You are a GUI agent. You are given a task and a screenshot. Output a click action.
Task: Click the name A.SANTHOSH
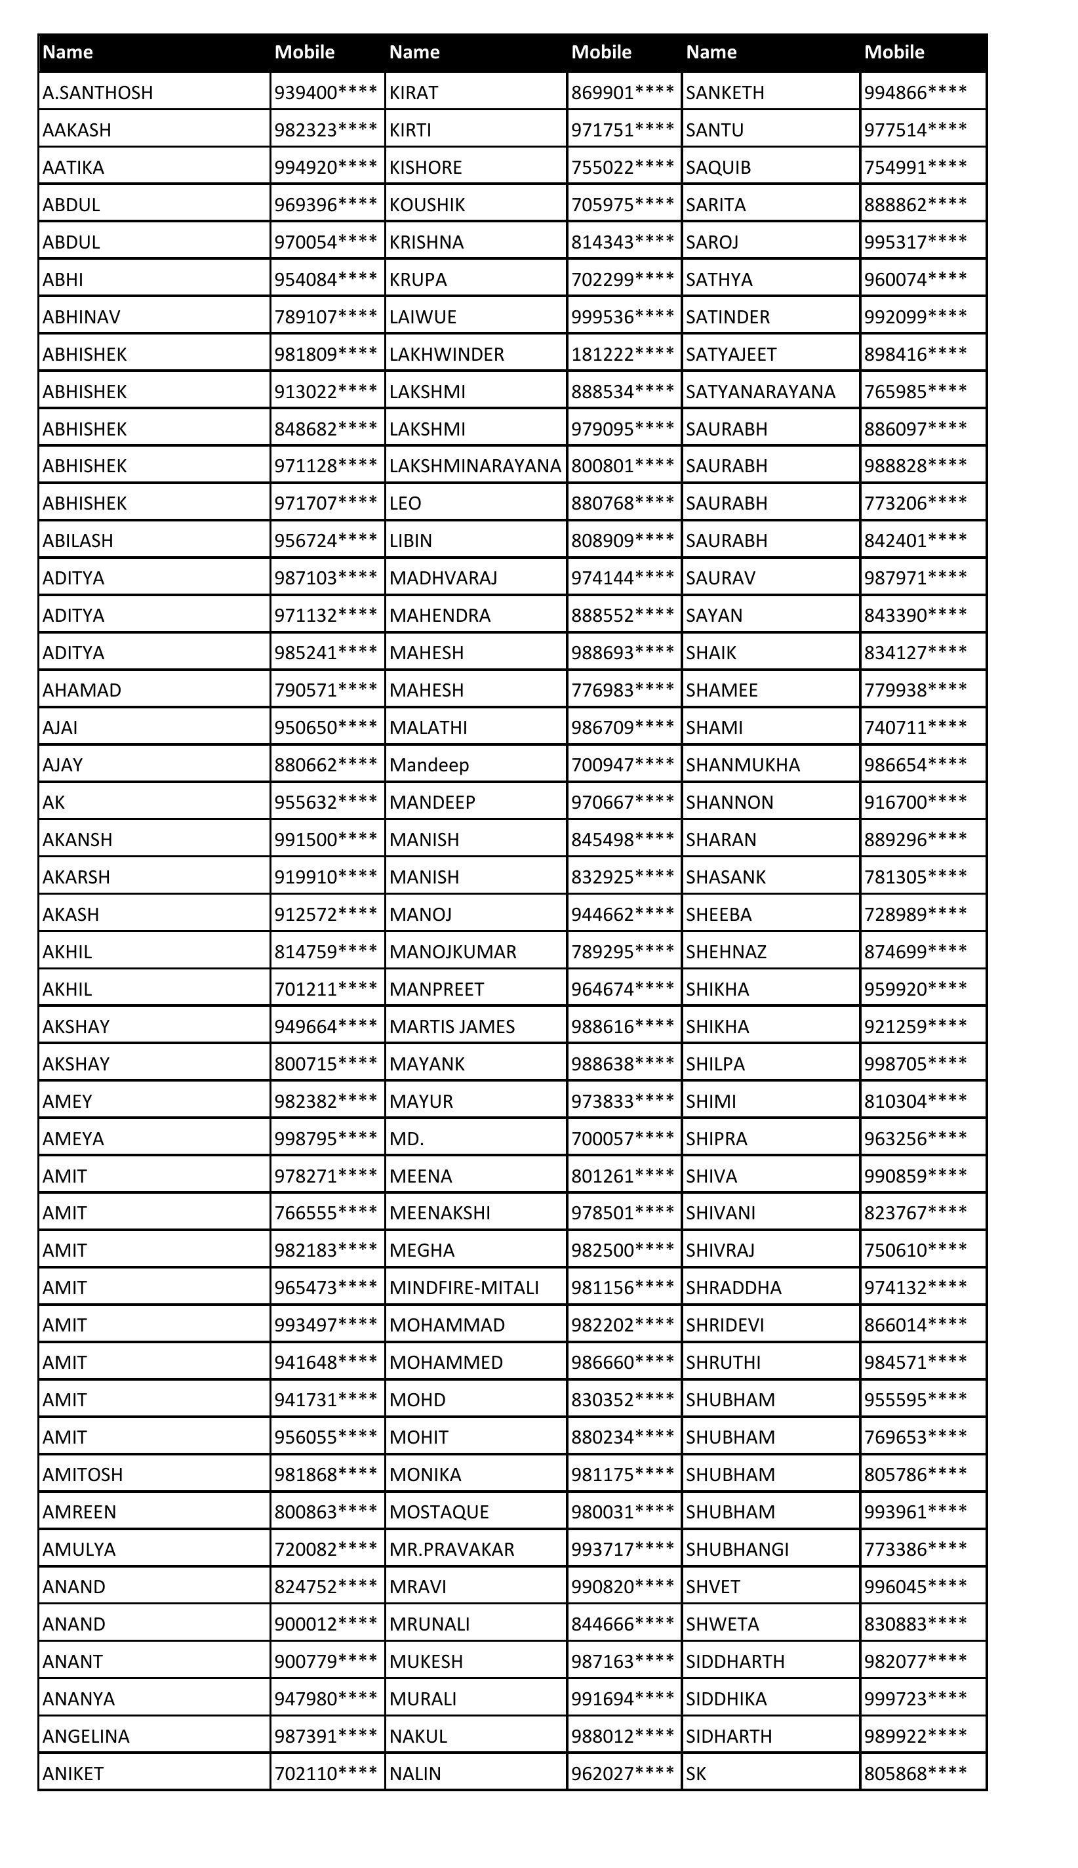pos(98,92)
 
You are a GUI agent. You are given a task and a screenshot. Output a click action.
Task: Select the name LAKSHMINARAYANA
pos(475,466)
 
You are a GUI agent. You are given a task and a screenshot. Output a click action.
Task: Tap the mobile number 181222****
pos(622,354)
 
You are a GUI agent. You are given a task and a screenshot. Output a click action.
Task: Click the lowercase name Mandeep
pos(429,765)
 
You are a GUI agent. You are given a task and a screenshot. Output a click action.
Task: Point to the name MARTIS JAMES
pos(452,1026)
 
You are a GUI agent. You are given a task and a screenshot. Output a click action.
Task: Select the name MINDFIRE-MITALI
pos(464,1288)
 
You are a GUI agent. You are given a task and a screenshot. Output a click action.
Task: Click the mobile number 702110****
pos(326,1774)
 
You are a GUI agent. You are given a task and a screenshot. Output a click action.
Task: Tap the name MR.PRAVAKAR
pos(452,1549)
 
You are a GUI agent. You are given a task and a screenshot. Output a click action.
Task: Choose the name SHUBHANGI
pos(736,1549)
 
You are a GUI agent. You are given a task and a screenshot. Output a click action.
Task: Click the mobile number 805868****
pos(915,1774)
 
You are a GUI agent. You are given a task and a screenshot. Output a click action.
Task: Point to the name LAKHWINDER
pos(447,354)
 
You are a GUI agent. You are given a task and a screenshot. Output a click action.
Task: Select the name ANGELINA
pos(86,1736)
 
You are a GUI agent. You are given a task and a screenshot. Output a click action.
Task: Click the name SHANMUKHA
pos(743,765)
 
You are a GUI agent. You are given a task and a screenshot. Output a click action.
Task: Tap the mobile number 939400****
pos(326,92)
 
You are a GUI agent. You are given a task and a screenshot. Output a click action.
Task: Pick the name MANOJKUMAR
pos(452,952)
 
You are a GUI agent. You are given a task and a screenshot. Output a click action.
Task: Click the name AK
pos(54,802)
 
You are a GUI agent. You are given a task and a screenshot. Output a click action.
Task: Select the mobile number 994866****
pos(915,92)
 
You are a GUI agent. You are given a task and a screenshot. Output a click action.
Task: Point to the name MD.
pos(407,1139)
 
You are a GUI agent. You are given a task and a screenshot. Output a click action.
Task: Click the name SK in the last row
pos(696,1774)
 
